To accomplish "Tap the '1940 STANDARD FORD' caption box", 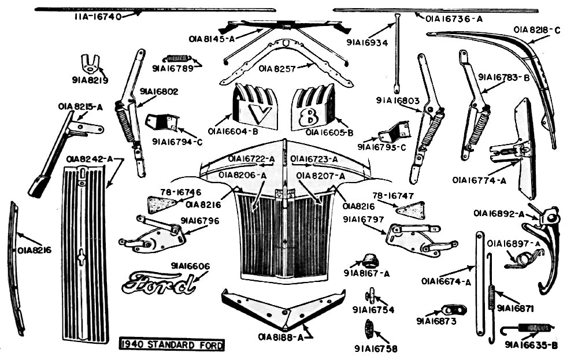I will coord(172,346).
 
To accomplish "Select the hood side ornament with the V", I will coord(255,107).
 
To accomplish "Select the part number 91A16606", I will coord(190,266).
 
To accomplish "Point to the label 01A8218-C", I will coord(537,29).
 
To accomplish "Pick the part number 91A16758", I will coord(376,348).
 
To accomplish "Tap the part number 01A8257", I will coord(278,69).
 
